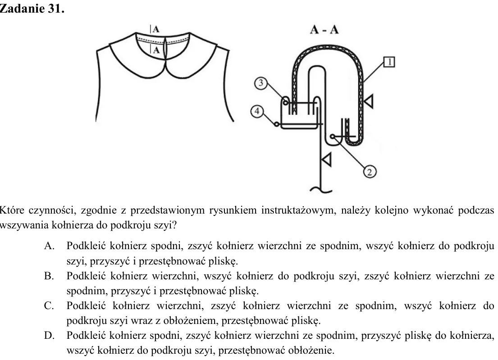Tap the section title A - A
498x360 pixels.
point(324,30)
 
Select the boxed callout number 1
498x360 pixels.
point(389,62)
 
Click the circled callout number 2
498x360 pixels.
point(370,172)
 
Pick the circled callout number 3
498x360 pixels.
point(261,83)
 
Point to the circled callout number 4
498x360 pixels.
point(257,111)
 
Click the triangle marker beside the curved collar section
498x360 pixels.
point(368,101)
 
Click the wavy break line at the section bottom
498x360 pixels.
point(321,189)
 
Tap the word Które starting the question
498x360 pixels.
point(12,210)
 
